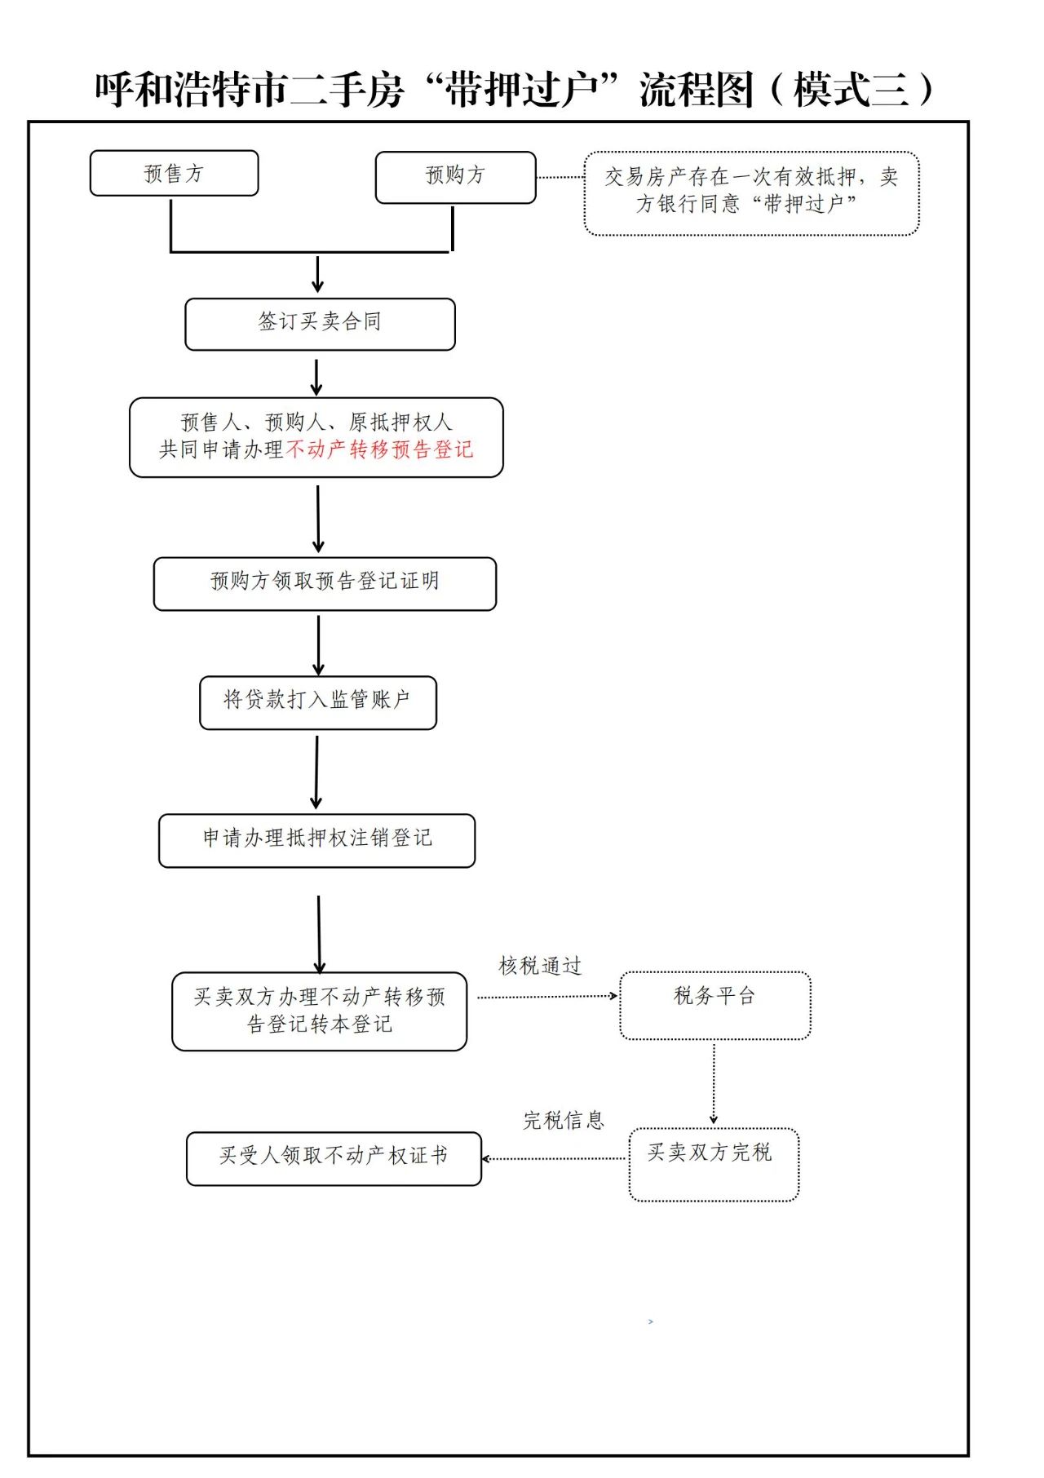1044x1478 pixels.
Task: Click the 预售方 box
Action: [174, 173]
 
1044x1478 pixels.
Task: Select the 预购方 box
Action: [455, 176]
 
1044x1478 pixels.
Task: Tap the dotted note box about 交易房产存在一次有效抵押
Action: [751, 192]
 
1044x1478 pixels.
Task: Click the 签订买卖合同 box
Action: [320, 323]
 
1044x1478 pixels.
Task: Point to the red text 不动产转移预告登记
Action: [380, 449]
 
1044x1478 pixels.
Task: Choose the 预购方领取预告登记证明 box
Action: [325, 582]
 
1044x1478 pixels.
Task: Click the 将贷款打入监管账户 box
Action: [317, 701]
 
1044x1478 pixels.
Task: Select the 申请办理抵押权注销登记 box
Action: [316, 839]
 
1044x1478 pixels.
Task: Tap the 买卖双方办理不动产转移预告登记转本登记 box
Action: [319, 1010]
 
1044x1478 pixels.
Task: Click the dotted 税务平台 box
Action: [714, 1004]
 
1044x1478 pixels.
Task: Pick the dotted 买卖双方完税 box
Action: [713, 1163]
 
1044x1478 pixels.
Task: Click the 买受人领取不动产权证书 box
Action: [334, 1157]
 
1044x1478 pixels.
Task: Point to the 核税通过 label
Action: [540, 967]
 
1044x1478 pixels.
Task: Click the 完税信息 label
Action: [564, 1121]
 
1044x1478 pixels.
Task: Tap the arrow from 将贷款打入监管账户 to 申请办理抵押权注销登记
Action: [316, 771]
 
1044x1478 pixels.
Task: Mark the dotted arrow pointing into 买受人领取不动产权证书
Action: [554, 1158]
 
